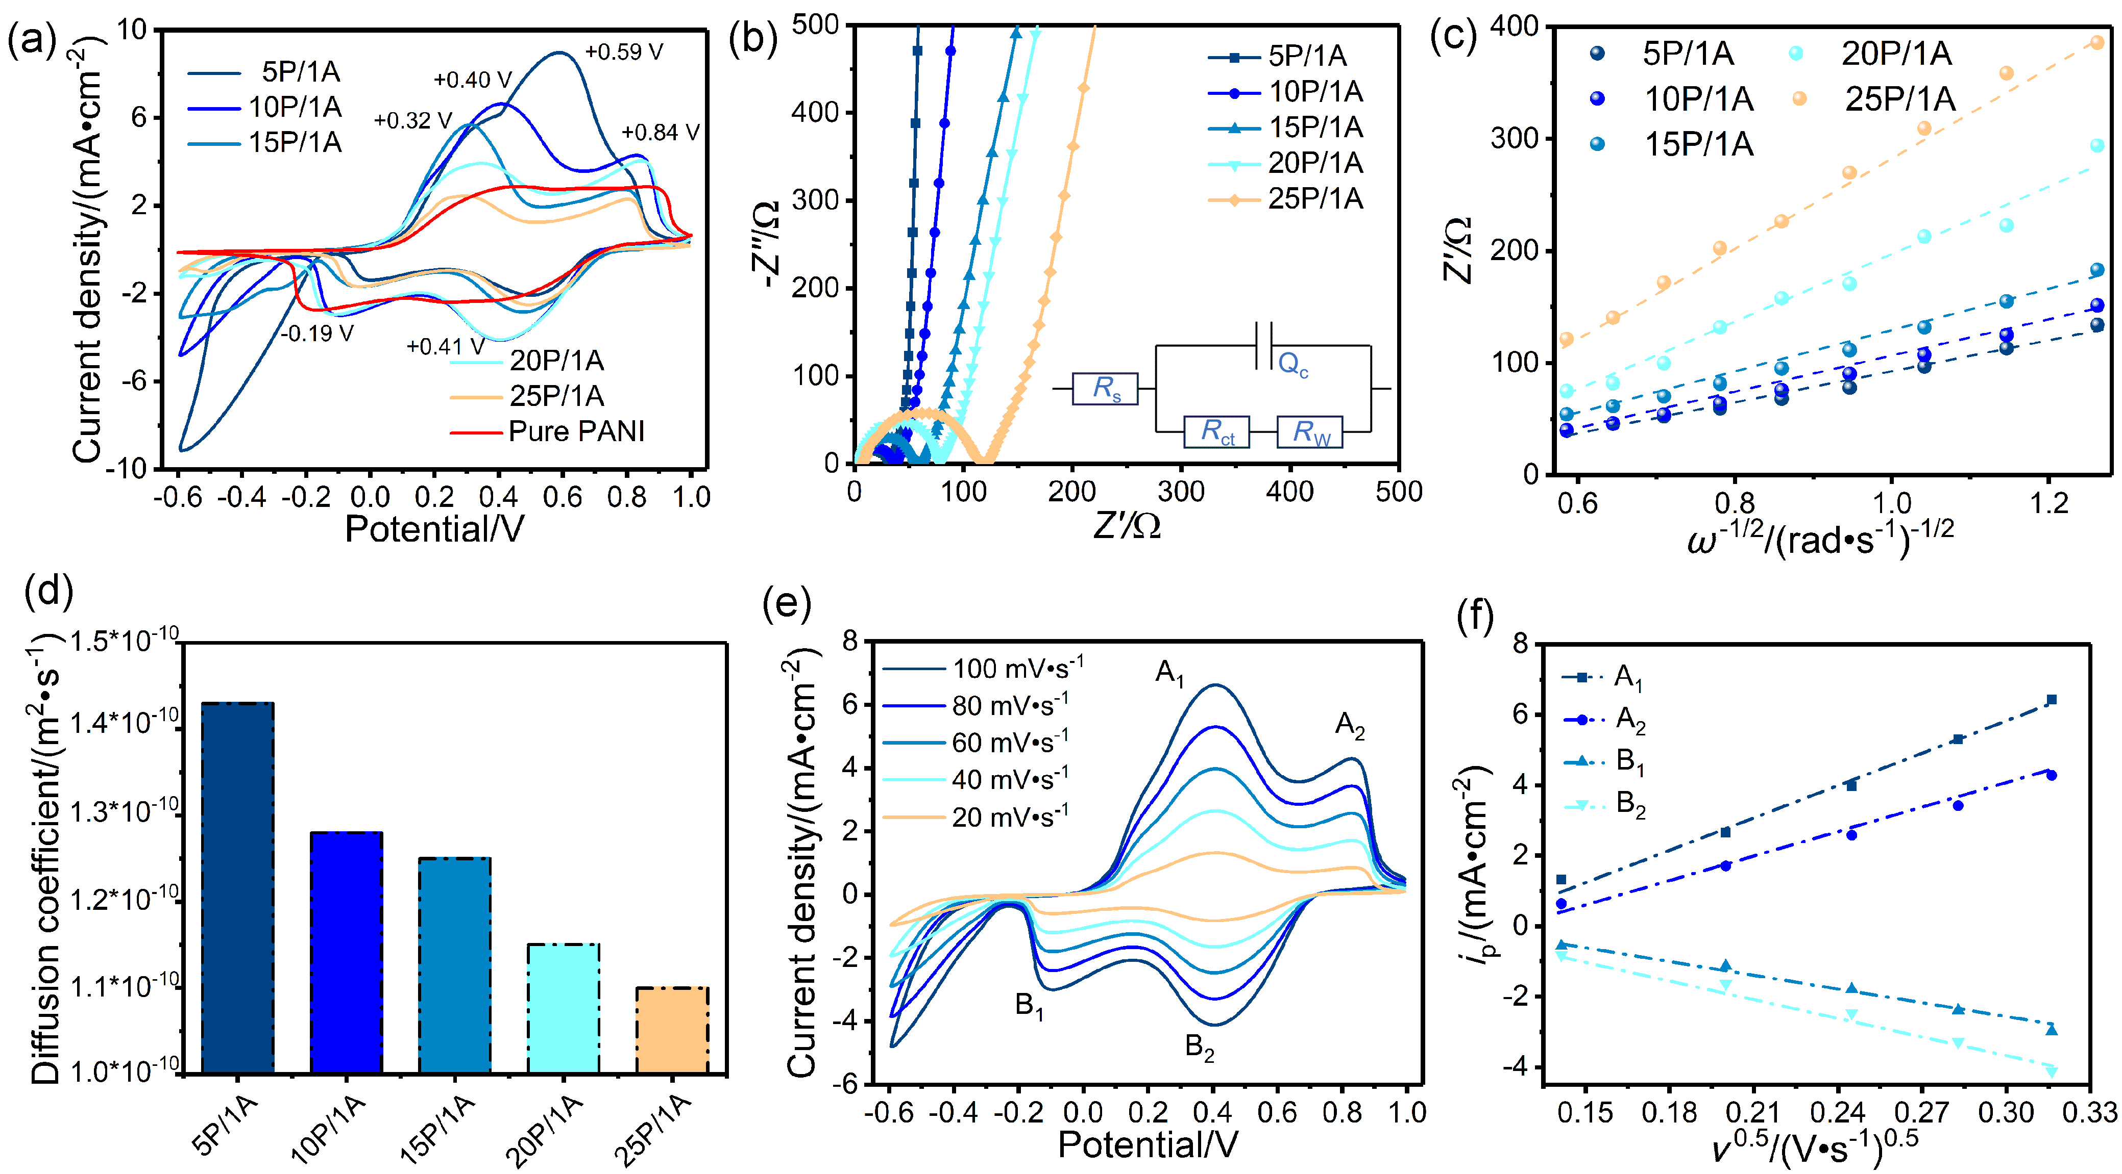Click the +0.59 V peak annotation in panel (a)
click(624, 52)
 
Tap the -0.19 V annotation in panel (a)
click(317, 334)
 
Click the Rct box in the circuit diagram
click(1216, 431)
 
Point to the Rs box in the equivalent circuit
click(1105, 389)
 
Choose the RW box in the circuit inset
click(1310, 431)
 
